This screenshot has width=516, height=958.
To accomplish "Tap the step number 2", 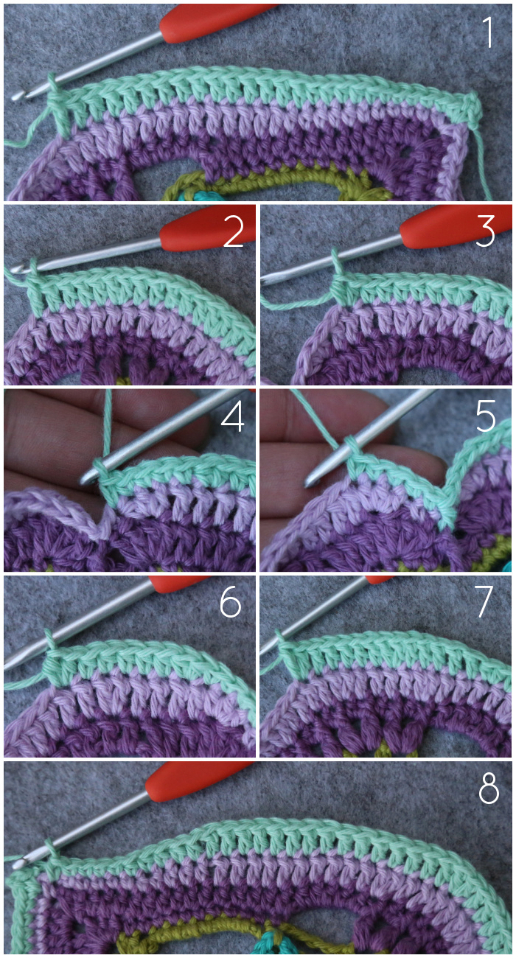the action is [x=234, y=231].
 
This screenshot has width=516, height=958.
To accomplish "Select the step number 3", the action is [x=485, y=231].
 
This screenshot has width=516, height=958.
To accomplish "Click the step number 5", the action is [x=486, y=416].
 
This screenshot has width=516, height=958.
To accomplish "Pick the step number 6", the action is [x=230, y=602].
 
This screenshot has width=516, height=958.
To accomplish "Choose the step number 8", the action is [x=489, y=789].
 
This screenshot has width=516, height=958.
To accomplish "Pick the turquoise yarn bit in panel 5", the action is [x=506, y=566].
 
